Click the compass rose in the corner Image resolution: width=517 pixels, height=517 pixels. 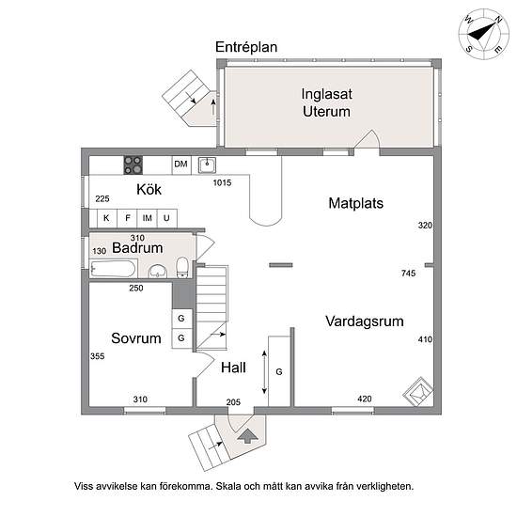click(484, 34)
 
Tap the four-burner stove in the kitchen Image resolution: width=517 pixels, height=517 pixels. click(133, 164)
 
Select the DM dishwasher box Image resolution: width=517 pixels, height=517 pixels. click(181, 164)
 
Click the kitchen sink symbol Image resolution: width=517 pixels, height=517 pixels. click(207, 164)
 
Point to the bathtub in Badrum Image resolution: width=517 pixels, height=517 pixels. click(113, 269)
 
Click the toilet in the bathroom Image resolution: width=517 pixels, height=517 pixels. click(182, 267)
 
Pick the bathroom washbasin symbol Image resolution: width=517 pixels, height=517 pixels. click(158, 272)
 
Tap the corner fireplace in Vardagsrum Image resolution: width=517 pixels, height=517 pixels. click(418, 392)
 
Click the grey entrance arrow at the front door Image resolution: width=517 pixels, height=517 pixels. click(247, 436)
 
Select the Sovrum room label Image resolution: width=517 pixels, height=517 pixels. click(136, 338)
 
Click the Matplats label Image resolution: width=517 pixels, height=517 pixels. click(355, 203)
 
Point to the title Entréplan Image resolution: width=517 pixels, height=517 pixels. click(246, 47)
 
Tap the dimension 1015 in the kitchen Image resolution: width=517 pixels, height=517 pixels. click(222, 182)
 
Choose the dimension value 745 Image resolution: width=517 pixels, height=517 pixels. click(408, 273)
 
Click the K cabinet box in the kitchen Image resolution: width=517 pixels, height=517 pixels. click(106, 218)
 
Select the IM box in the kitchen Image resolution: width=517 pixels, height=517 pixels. click(147, 218)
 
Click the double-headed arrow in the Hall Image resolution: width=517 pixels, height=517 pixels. click(264, 372)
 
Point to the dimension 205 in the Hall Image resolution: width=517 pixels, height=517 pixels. click(233, 402)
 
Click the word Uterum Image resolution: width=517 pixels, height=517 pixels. click(326, 112)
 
